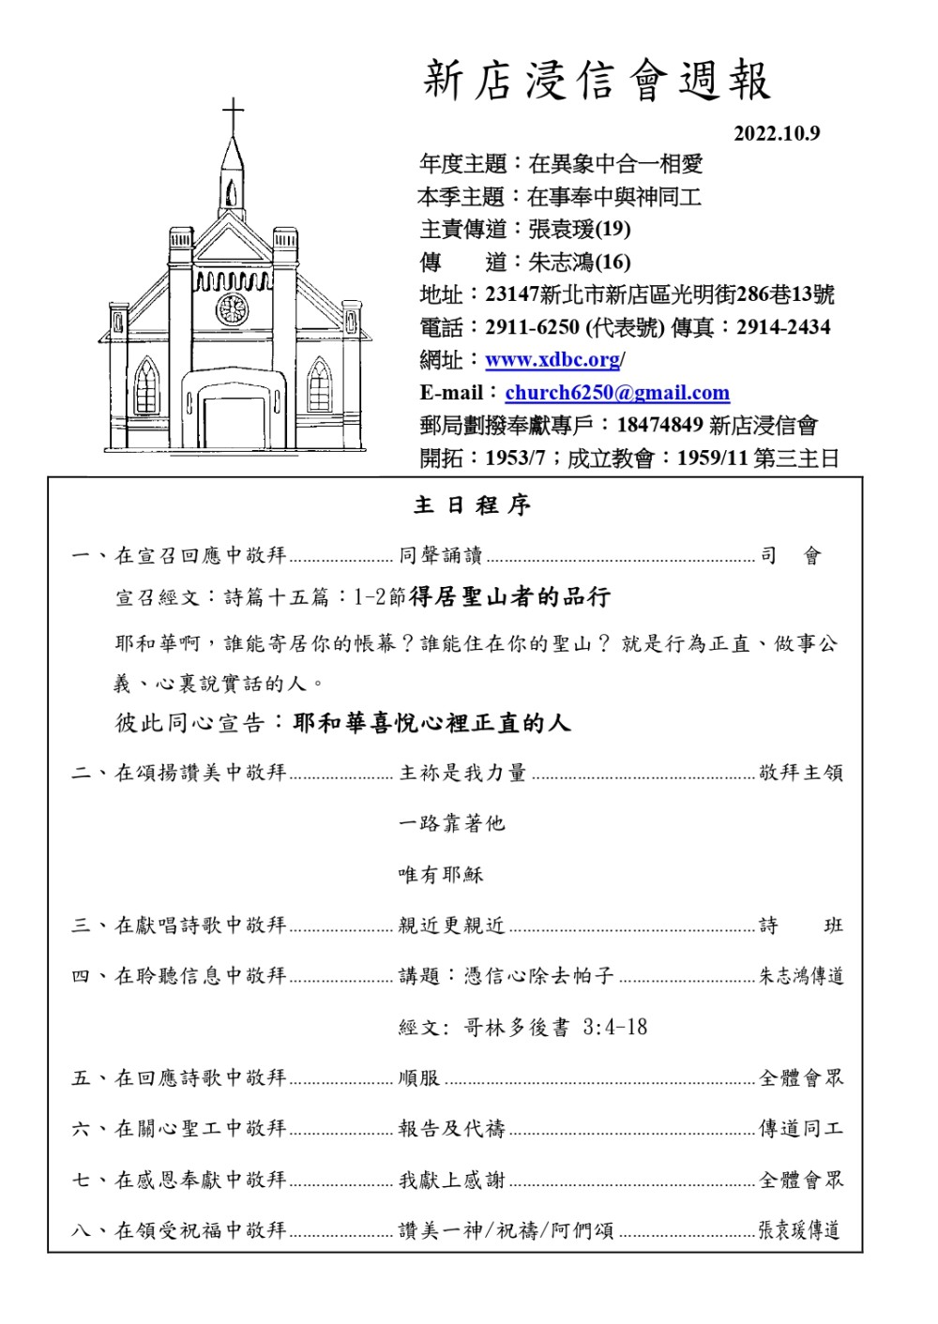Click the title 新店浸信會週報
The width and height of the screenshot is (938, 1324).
tap(597, 81)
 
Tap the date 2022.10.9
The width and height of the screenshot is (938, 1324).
tap(776, 134)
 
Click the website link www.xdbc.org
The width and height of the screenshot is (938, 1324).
tap(552, 360)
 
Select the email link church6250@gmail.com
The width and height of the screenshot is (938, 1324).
tap(617, 393)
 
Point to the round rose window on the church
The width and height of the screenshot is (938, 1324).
tap(233, 308)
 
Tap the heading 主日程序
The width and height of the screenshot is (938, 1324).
tap(473, 506)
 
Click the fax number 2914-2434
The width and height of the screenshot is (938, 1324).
tap(783, 327)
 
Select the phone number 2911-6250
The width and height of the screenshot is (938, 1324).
tap(532, 327)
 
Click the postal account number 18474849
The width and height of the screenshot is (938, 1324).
tap(659, 426)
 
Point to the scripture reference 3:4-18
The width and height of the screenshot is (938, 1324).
tap(614, 1028)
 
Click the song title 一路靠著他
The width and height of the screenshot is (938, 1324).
tap(452, 823)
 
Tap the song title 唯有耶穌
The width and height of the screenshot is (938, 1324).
tap(441, 875)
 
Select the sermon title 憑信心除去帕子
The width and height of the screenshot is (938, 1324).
tap(539, 976)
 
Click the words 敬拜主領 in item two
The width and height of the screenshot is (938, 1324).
tap(801, 773)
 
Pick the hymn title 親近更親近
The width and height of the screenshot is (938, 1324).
tap(452, 925)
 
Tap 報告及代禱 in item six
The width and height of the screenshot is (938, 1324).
tap(452, 1129)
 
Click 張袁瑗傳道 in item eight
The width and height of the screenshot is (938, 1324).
tap(799, 1230)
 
